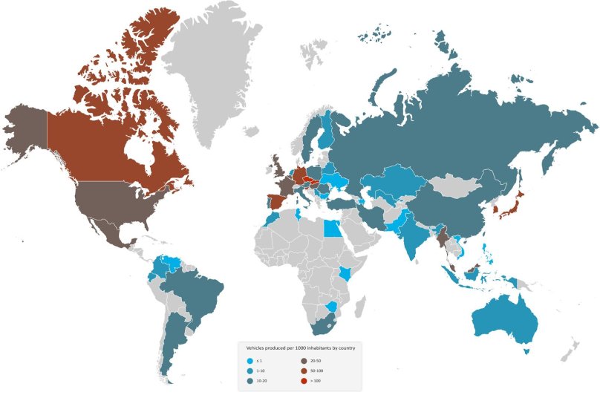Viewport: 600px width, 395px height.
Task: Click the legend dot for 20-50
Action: [x=297, y=359]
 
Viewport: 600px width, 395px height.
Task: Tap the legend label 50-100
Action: [x=311, y=369]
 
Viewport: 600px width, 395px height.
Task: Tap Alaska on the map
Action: [x=26, y=126]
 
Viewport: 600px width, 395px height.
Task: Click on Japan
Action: [x=512, y=204]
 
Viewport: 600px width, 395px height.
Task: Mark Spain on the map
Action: [x=273, y=200]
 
